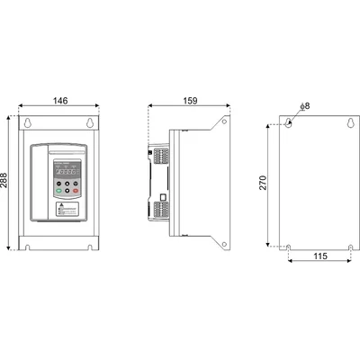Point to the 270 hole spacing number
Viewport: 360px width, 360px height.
click(x=261, y=184)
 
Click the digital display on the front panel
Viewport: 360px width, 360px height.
click(x=68, y=172)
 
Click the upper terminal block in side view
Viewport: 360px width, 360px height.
click(x=158, y=157)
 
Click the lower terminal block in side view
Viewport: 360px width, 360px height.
click(x=158, y=212)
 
